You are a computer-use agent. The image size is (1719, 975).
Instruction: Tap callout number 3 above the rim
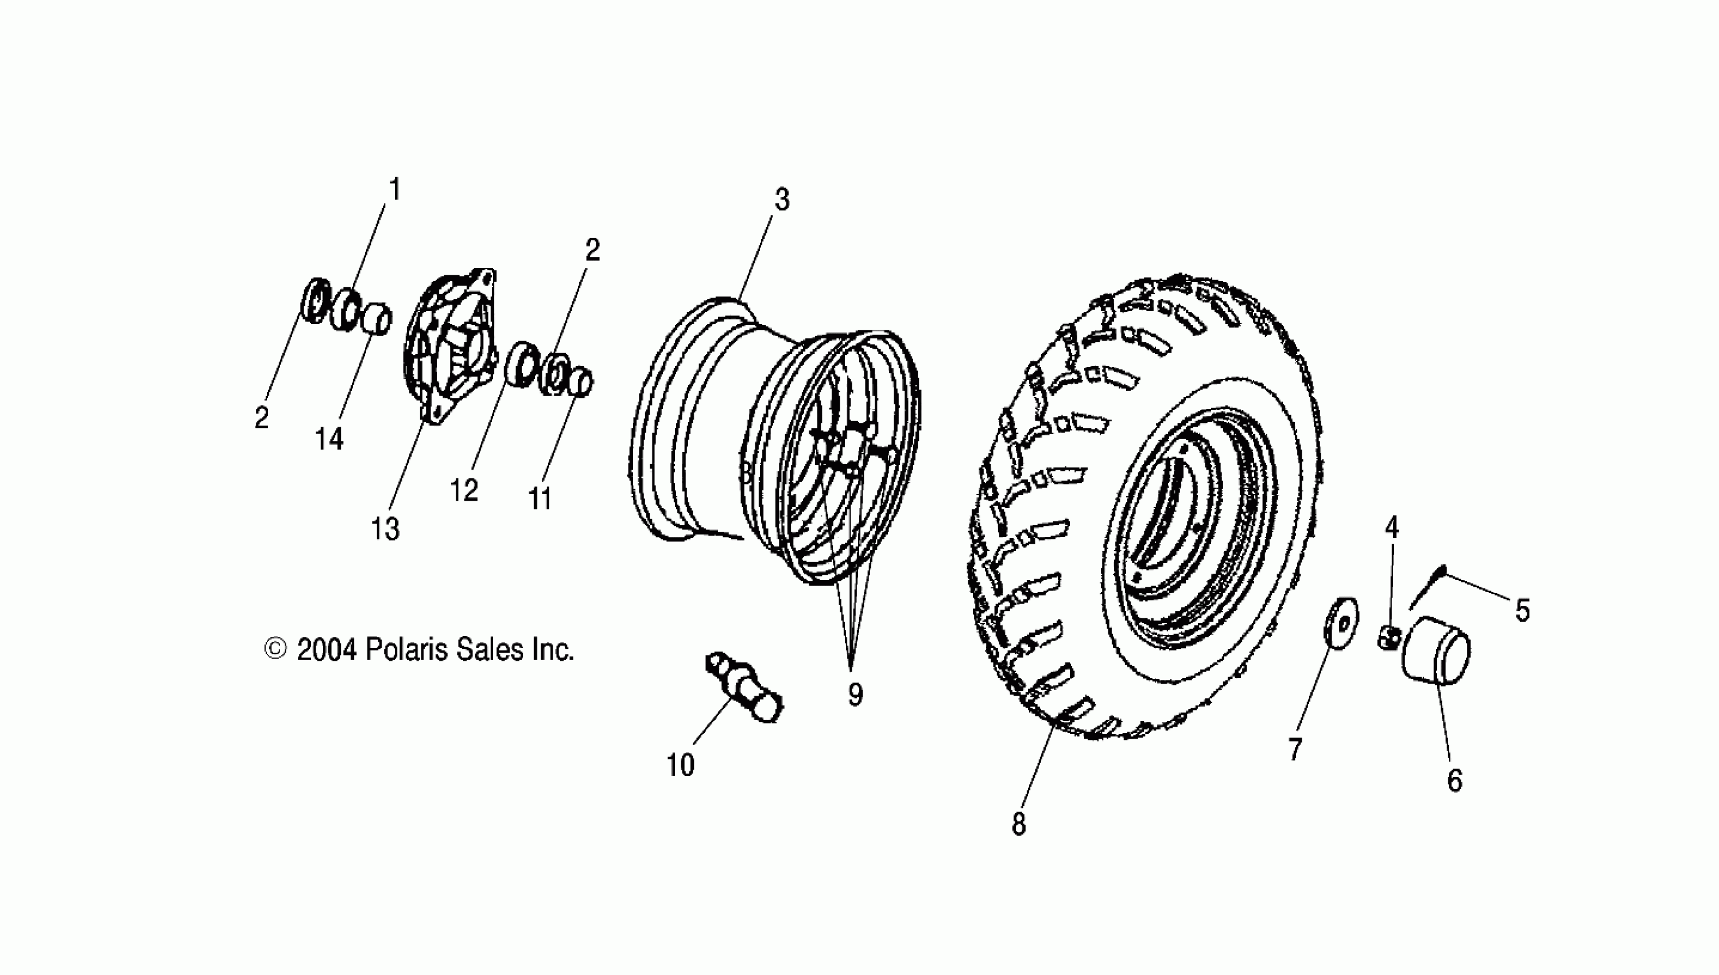[x=782, y=200]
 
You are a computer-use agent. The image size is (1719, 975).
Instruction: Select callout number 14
[x=329, y=439]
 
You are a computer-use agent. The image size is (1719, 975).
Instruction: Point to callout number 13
[x=385, y=529]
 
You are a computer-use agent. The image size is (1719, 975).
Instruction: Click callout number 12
[x=464, y=491]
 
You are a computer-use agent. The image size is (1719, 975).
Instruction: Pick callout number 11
[x=540, y=499]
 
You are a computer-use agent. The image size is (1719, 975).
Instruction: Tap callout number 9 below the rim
[x=855, y=695]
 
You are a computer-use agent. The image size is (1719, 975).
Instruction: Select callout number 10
[x=680, y=765]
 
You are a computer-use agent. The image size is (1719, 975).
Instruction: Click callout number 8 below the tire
[x=1018, y=824]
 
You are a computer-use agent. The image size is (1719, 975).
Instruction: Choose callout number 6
[x=1454, y=781]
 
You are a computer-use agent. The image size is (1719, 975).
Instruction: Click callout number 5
[x=1523, y=611]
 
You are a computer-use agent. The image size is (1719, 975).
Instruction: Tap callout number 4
[x=1392, y=528]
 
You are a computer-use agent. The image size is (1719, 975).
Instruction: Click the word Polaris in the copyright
[x=406, y=650]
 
